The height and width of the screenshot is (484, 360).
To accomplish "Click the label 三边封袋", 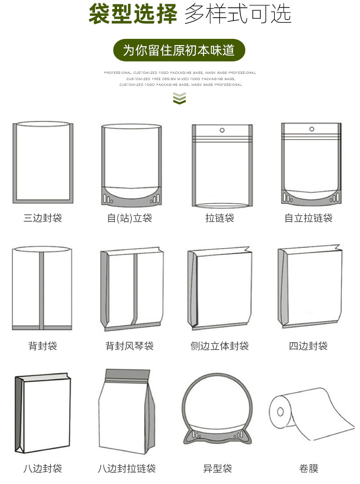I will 43,218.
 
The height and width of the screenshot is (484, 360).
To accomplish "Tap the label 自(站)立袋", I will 130,218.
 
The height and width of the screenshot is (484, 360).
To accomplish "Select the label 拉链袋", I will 220,218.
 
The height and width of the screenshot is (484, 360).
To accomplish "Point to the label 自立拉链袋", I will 309,218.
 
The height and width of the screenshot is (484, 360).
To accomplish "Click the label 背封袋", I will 43,345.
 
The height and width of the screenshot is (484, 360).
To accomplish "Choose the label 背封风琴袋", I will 130,345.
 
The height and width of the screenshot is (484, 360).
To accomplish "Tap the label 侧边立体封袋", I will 220,345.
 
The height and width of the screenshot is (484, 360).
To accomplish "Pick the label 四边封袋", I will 309,345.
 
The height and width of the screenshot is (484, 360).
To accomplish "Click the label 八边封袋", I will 43,468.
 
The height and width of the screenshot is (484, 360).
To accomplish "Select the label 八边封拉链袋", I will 127,468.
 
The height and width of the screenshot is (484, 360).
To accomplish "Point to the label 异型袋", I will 217,468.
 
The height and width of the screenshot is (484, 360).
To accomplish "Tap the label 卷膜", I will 309,468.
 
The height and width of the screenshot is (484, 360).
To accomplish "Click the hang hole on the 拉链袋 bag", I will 222,130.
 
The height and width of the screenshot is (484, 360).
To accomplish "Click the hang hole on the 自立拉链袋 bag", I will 312,129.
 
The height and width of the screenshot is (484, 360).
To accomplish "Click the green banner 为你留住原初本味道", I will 179,50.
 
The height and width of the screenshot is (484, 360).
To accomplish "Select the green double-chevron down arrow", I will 179,98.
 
